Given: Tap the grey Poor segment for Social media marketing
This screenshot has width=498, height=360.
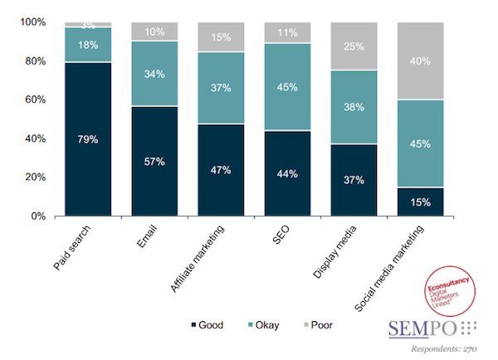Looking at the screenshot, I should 420,61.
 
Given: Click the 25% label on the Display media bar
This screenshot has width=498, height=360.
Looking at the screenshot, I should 354,46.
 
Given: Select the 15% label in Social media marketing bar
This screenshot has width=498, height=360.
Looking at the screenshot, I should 420,201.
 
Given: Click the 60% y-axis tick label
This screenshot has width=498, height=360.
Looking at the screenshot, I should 32,100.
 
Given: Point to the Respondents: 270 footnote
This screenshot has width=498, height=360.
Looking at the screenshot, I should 449,348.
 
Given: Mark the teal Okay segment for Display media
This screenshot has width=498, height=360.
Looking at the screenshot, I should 354,105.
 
